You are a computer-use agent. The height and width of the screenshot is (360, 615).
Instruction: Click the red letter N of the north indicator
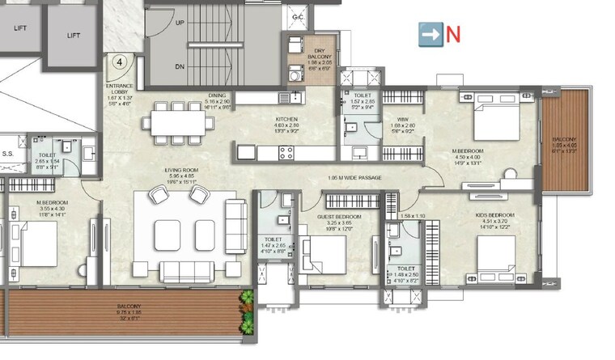(453, 34)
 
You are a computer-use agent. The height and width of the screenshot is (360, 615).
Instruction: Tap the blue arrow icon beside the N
(430, 34)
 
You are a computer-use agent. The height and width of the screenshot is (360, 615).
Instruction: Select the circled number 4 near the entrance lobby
(119, 61)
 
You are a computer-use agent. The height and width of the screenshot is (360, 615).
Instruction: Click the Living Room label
(182, 170)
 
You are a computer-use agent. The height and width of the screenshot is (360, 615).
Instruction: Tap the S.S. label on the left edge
(8, 153)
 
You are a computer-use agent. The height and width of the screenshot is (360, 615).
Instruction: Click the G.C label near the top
(297, 16)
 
